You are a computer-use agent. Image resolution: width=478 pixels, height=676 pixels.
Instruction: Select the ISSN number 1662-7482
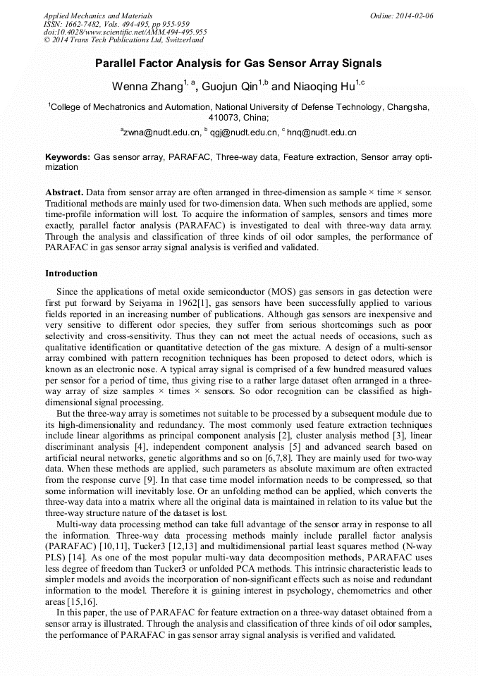coord(85,24)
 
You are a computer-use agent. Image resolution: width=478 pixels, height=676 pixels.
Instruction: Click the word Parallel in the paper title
coord(116,63)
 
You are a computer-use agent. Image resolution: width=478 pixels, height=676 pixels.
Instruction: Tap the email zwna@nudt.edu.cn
coord(161,132)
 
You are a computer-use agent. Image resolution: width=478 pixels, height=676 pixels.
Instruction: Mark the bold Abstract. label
coord(65,192)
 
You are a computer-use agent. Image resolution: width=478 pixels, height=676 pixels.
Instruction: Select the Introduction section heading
coord(71,273)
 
